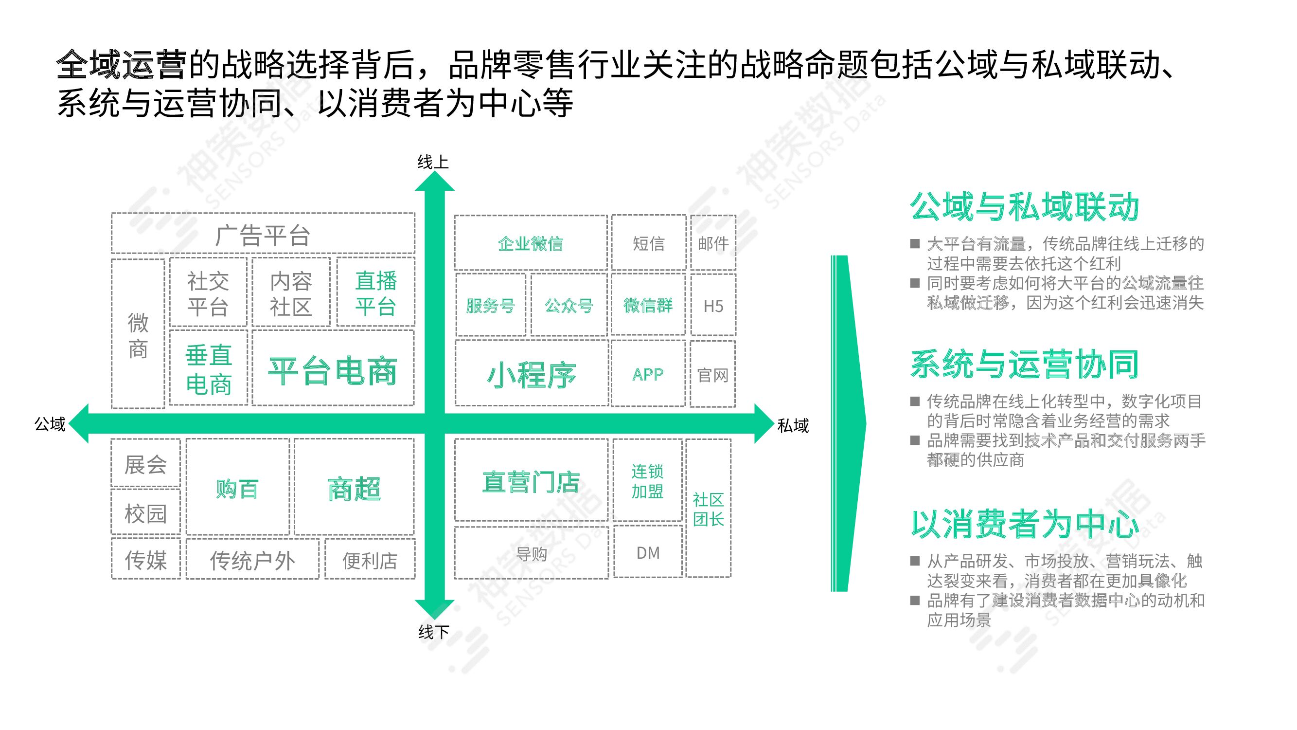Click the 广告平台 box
pos(263,234)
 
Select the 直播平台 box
pos(375,292)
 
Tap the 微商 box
pos(138,334)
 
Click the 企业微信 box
pos(531,243)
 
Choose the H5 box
pos(713,305)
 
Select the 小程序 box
pos(531,374)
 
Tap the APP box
pos(648,374)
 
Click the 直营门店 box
pos(531,481)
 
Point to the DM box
pos(648,553)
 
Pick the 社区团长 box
pos(708,509)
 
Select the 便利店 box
pos(370,560)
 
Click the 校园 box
pos(145,513)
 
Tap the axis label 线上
pos(432,162)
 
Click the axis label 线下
pos(433,632)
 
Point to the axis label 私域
pos(793,426)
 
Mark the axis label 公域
pos(50,424)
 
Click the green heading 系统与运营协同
pos(1024,364)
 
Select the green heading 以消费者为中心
pos(1024,524)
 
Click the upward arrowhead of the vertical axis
pos(434,182)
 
